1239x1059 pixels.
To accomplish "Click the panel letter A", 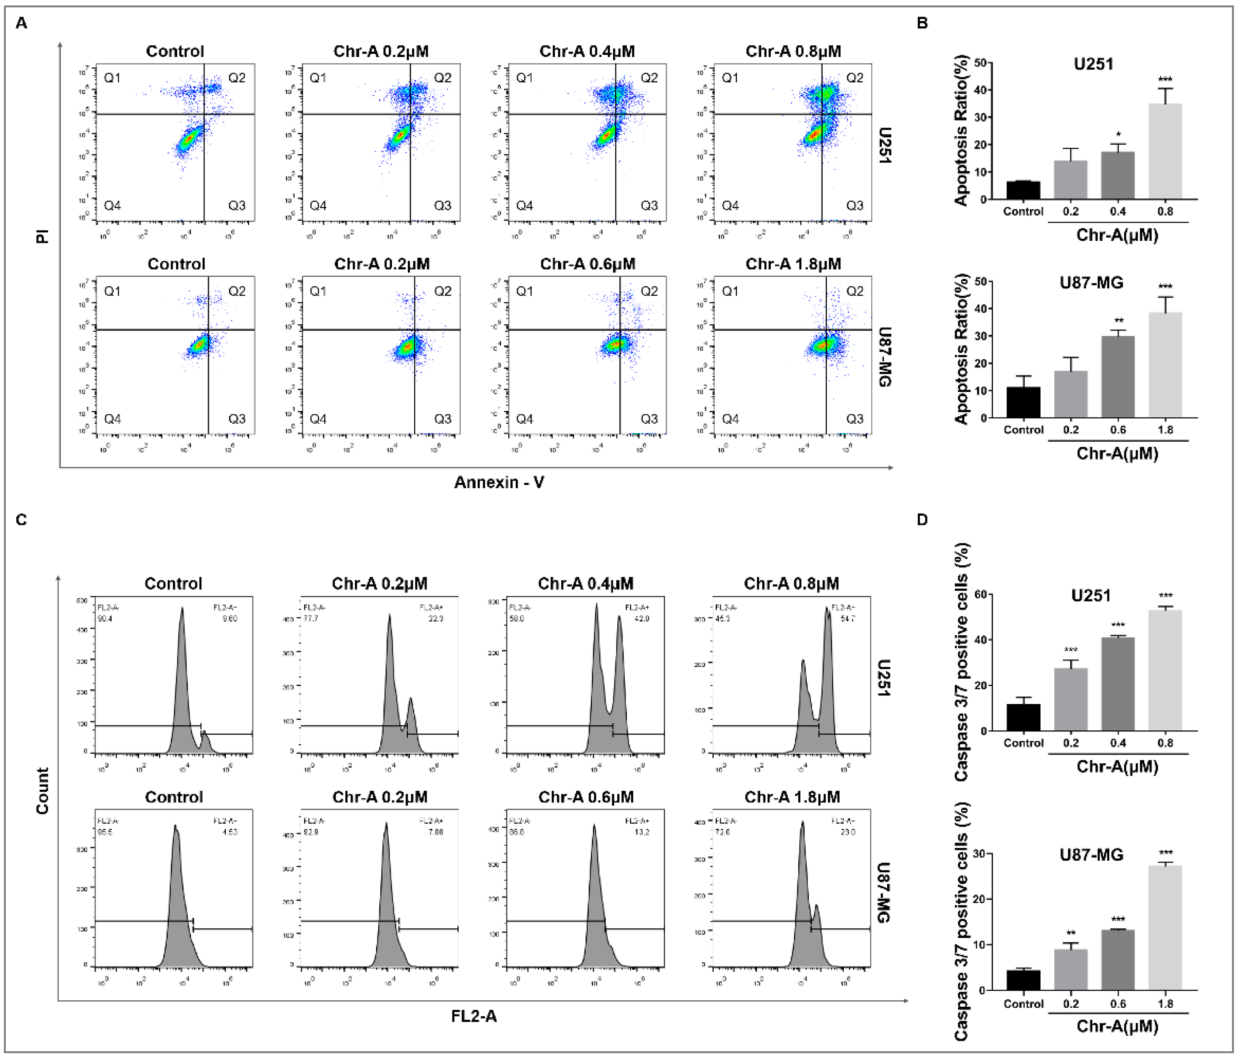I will [21, 23].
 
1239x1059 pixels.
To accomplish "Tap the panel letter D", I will [922, 519].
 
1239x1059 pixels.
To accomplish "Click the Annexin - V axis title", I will [499, 482].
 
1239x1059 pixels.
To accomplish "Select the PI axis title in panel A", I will [42, 236].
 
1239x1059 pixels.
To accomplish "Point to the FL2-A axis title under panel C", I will [473, 1016].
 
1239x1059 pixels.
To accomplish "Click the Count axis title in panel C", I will [42, 791].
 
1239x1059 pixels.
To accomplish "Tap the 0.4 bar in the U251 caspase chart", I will [1118, 684].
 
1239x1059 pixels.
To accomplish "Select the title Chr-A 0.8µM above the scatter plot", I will [793, 52].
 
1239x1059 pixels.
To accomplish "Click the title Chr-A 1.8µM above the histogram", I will [792, 797].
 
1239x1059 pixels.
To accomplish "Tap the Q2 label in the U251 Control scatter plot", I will [237, 78].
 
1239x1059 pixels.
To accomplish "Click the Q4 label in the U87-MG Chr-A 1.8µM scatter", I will [730, 419].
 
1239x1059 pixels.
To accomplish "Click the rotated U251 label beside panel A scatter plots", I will [885, 145].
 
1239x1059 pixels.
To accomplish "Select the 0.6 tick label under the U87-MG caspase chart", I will [1118, 1004].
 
